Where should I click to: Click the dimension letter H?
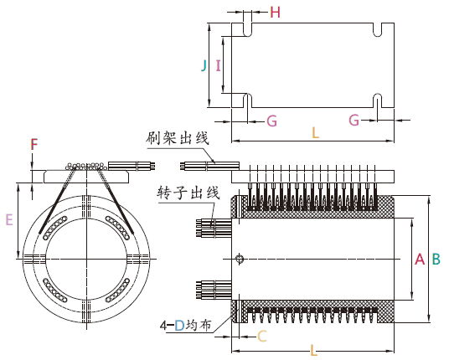tap(276, 12)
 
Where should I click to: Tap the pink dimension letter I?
tap(218, 64)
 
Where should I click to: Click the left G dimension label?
tap(271, 121)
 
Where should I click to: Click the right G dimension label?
tap(354, 121)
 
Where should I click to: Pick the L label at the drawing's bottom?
tap(313, 351)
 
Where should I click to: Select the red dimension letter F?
tap(34, 145)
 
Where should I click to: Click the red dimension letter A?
tap(419, 260)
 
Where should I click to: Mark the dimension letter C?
tap(261, 337)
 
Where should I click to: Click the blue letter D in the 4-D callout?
tap(178, 324)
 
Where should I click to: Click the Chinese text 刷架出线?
tap(176, 137)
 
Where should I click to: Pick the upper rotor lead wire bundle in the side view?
tap(211, 227)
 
